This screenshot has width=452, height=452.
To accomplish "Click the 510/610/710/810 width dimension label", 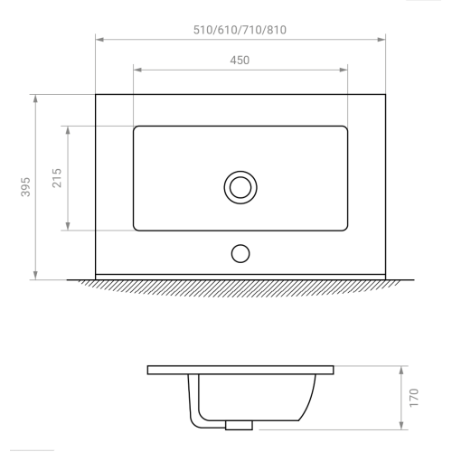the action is (240, 30).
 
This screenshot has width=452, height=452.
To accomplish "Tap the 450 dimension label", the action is (240, 61).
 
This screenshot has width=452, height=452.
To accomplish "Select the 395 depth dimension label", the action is (25, 187).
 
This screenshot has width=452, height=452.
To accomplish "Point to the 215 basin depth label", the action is (57, 178).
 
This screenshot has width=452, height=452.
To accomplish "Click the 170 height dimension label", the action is (414, 398).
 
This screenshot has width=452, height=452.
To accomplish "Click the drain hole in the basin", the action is (240, 187).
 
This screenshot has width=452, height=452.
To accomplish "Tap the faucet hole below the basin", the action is (240, 254).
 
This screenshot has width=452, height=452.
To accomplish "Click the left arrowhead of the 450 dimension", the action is (137, 70).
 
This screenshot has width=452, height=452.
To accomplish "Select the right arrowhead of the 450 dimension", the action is (344, 70).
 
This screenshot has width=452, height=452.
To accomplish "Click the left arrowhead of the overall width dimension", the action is (99, 40).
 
